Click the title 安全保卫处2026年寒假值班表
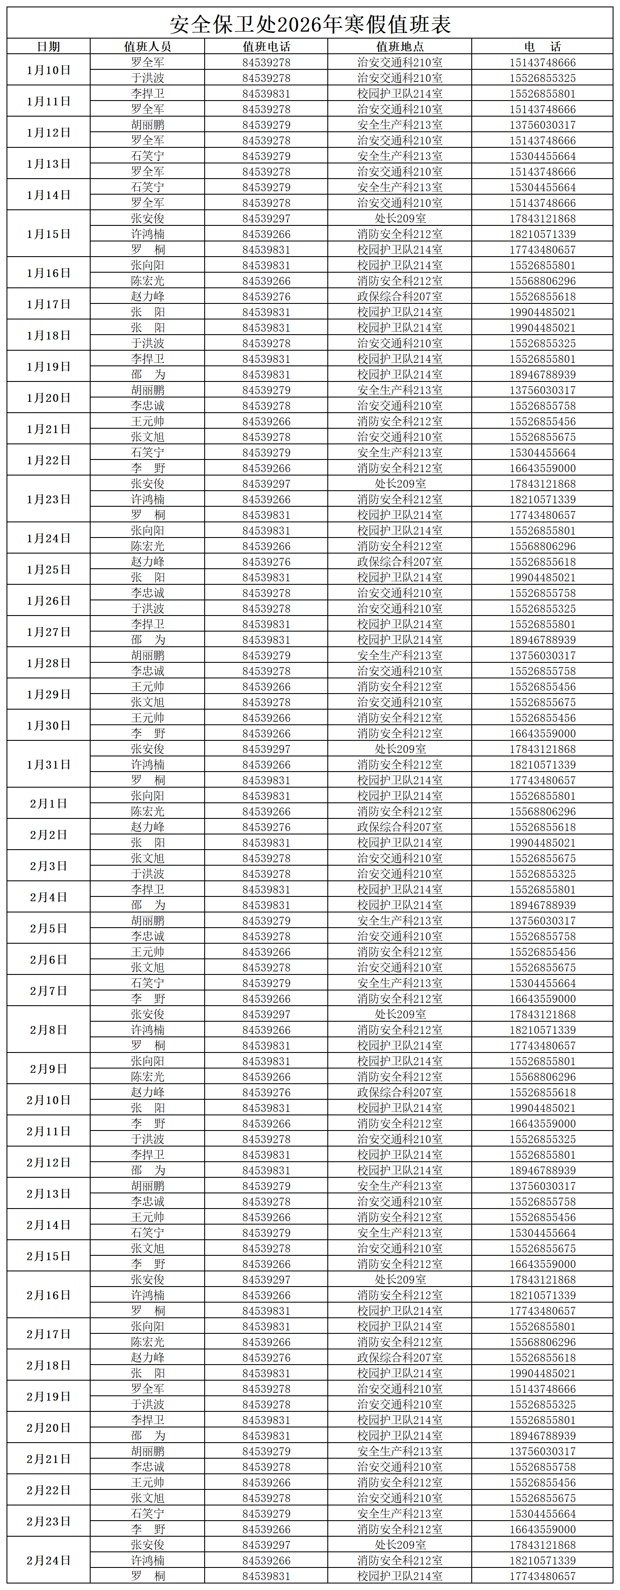(310, 24)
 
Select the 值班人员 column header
(147, 46)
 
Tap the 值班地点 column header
(400, 46)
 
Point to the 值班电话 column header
(266, 46)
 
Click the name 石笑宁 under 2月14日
(147, 1233)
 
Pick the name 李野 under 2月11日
(147, 1124)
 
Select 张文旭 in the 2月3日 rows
(147, 858)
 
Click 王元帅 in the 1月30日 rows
(147, 718)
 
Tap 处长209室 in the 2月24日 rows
(400, 1545)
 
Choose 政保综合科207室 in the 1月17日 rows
(400, 296)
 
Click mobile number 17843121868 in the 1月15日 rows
(542, 218)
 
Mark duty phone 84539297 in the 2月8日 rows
(266, 1014)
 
